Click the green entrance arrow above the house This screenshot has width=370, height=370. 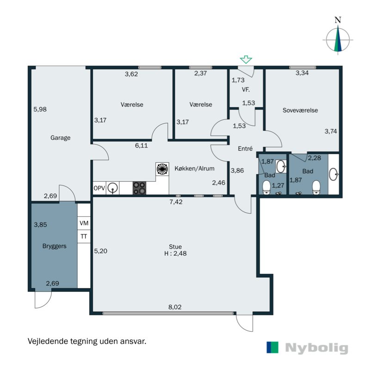(x=246, y=60)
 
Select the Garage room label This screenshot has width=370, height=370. (x=61, y=137)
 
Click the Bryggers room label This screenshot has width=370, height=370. (x=54, y=246)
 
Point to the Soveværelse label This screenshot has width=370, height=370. (x=300, y=110)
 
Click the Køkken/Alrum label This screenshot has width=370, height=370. (x=194, y=168)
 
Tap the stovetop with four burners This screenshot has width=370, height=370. (x=139, y=188)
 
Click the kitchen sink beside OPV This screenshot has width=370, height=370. (x=112, y=188)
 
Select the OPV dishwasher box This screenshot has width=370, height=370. (x=99, y=188)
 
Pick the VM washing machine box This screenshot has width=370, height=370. (x=84, y=223)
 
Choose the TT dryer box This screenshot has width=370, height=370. (x=84, y=236)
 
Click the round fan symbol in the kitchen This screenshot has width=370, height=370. (x=162, y=169)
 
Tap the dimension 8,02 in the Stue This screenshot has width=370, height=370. (x=175, y=307)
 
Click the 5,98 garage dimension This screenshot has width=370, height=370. (x=40, y=109)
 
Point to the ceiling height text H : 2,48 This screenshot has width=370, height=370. (x=175, y=253)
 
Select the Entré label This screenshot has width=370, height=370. (x=245, y=148)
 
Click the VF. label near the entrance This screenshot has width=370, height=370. (x=246, y=90)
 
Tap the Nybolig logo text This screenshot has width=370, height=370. (x=316, y=348)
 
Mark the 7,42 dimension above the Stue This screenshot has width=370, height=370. (x=176, y=202)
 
